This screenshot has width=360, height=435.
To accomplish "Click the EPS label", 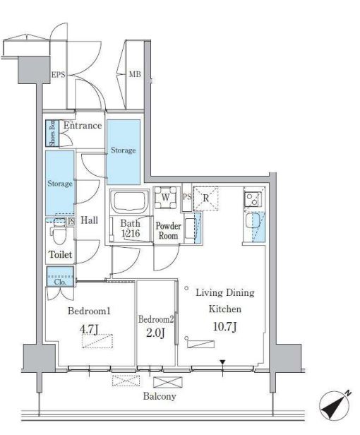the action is (59, 75).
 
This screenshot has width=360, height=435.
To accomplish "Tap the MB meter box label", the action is (135, 74).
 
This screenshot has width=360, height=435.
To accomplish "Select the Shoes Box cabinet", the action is (52, 133).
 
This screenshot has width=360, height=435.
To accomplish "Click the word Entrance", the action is (83, 126).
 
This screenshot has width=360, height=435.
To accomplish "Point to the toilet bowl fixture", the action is (59, 232).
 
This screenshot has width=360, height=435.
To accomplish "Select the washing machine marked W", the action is (166, 198).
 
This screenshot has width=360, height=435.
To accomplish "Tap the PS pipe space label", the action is (187, 197).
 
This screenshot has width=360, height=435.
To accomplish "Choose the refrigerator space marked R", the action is (206, 198).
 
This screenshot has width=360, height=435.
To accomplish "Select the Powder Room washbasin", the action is (191, 228).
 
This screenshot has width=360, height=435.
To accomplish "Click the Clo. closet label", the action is (60, 282).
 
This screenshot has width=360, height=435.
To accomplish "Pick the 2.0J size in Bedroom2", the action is (155, 333).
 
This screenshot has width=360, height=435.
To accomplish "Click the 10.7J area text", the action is (225, 327).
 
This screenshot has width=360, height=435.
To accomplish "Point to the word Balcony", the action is (160, 396).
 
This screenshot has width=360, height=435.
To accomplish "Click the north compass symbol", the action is (334, 405).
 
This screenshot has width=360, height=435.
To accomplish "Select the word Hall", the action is (90, 220).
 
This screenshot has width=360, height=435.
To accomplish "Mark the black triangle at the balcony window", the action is (222, 362).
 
